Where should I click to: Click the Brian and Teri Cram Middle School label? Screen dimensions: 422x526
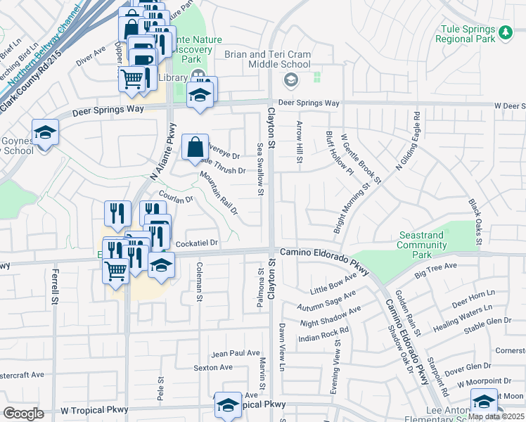click(267, 59)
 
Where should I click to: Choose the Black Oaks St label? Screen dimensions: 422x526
click(475, 221)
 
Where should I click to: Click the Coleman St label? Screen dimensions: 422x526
click(200, 282)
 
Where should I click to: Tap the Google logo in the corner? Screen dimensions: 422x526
click(23, 413)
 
